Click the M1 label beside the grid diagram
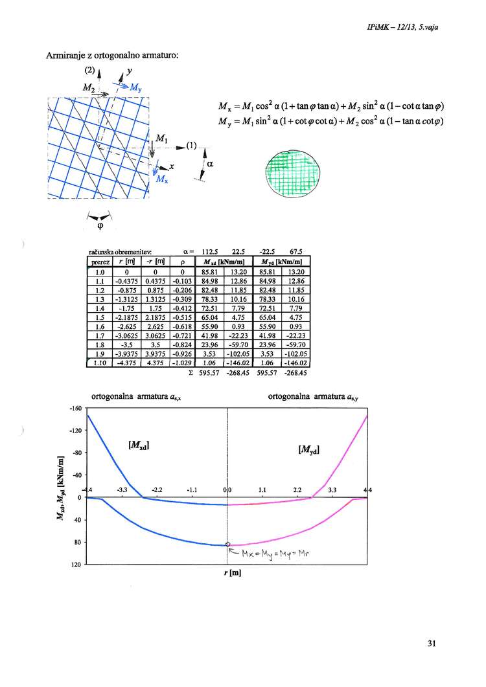(x=160, y=137)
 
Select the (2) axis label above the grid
(x=89, y=68)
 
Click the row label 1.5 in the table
(x=96, y=318)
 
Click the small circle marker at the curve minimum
(x=227, y=545)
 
